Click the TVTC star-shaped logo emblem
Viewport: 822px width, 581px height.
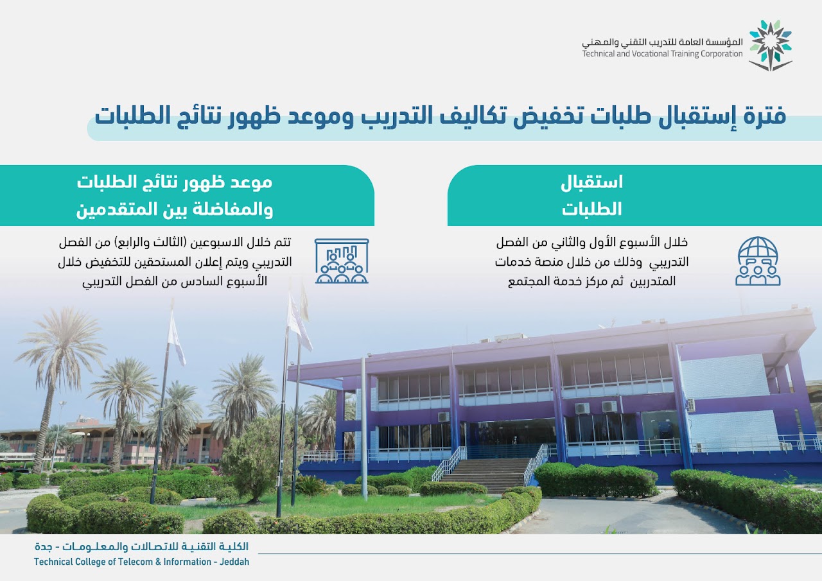click(770, 46)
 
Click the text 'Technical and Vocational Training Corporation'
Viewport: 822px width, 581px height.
click(662, 54)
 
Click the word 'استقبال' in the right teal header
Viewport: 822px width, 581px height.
click(591, 182)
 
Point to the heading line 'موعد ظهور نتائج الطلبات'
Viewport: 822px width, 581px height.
click(175, 182)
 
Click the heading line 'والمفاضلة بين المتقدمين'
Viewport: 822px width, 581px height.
click(175, 209)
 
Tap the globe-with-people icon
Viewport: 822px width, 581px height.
click(758, 261)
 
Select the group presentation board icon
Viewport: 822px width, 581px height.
click(342, 261)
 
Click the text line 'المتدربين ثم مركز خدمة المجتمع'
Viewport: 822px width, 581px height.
click(591, 281)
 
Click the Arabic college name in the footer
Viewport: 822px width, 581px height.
click(142, 547)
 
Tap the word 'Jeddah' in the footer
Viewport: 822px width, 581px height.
click(234, 562)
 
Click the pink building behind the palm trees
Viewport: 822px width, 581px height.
click(110, 444)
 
